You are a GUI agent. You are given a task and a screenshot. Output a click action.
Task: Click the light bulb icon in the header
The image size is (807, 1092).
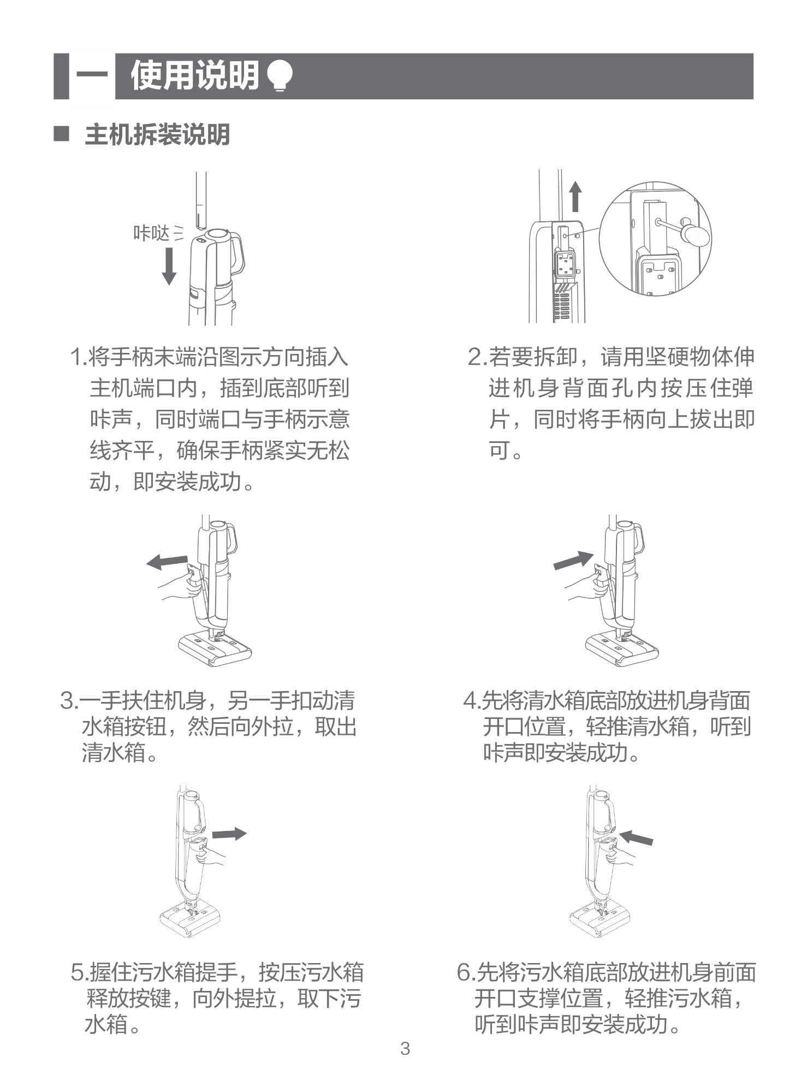280,75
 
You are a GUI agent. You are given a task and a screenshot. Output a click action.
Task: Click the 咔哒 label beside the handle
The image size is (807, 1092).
151,233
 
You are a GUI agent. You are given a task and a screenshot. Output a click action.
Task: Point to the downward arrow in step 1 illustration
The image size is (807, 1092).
169,266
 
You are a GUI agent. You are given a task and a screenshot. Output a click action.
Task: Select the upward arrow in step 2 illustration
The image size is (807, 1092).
575,197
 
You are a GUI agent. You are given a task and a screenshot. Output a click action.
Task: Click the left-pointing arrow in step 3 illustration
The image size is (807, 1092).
167,561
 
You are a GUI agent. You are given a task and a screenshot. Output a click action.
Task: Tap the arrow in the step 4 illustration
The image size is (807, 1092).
573,560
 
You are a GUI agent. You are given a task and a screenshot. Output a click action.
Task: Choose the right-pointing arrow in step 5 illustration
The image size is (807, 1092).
229,834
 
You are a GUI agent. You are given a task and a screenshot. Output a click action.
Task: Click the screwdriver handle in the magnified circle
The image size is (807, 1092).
696,234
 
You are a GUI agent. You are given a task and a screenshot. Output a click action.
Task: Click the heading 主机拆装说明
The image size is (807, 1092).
157,134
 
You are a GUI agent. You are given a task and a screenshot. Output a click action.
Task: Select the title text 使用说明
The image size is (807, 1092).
195,75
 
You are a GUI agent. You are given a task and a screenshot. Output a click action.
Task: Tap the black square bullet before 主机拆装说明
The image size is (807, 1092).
61,134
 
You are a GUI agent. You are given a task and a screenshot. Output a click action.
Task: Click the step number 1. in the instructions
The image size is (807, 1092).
79,357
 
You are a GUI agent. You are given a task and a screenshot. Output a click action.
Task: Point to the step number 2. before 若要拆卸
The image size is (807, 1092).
478,357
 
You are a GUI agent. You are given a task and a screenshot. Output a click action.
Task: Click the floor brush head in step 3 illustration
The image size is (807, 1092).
215,647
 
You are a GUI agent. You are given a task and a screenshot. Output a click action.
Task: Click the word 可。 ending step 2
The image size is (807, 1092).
506,451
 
